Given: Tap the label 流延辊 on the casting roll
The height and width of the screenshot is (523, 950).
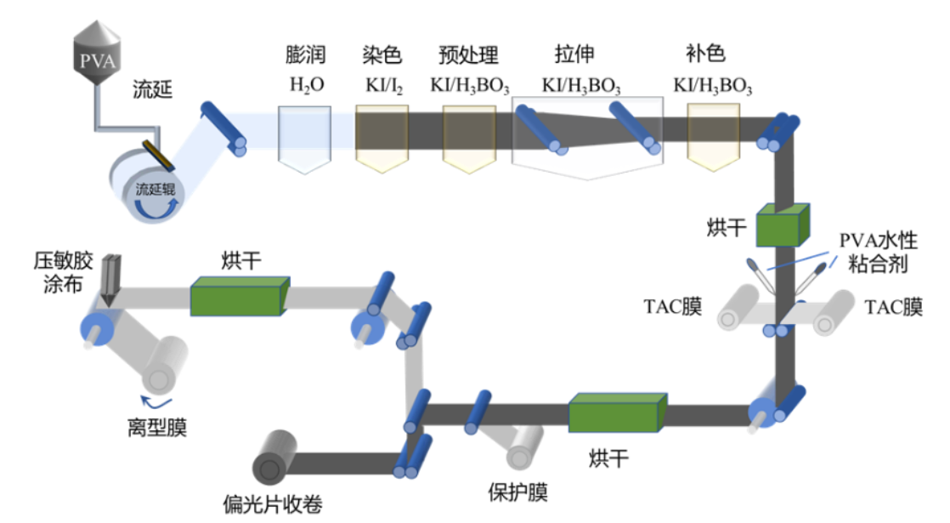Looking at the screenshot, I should pos(155,190).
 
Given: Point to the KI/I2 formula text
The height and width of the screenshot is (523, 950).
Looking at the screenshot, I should pos(382,85).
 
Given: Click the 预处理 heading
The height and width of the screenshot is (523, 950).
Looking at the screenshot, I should pos(468,56).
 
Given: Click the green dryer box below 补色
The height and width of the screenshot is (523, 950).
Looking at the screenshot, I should pos(779,225).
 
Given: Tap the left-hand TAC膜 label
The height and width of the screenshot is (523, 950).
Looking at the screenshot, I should pos(673,307).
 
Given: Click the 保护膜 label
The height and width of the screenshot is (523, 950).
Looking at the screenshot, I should pos(517,492).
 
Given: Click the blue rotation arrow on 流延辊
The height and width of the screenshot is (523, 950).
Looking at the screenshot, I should pos(171,208).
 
